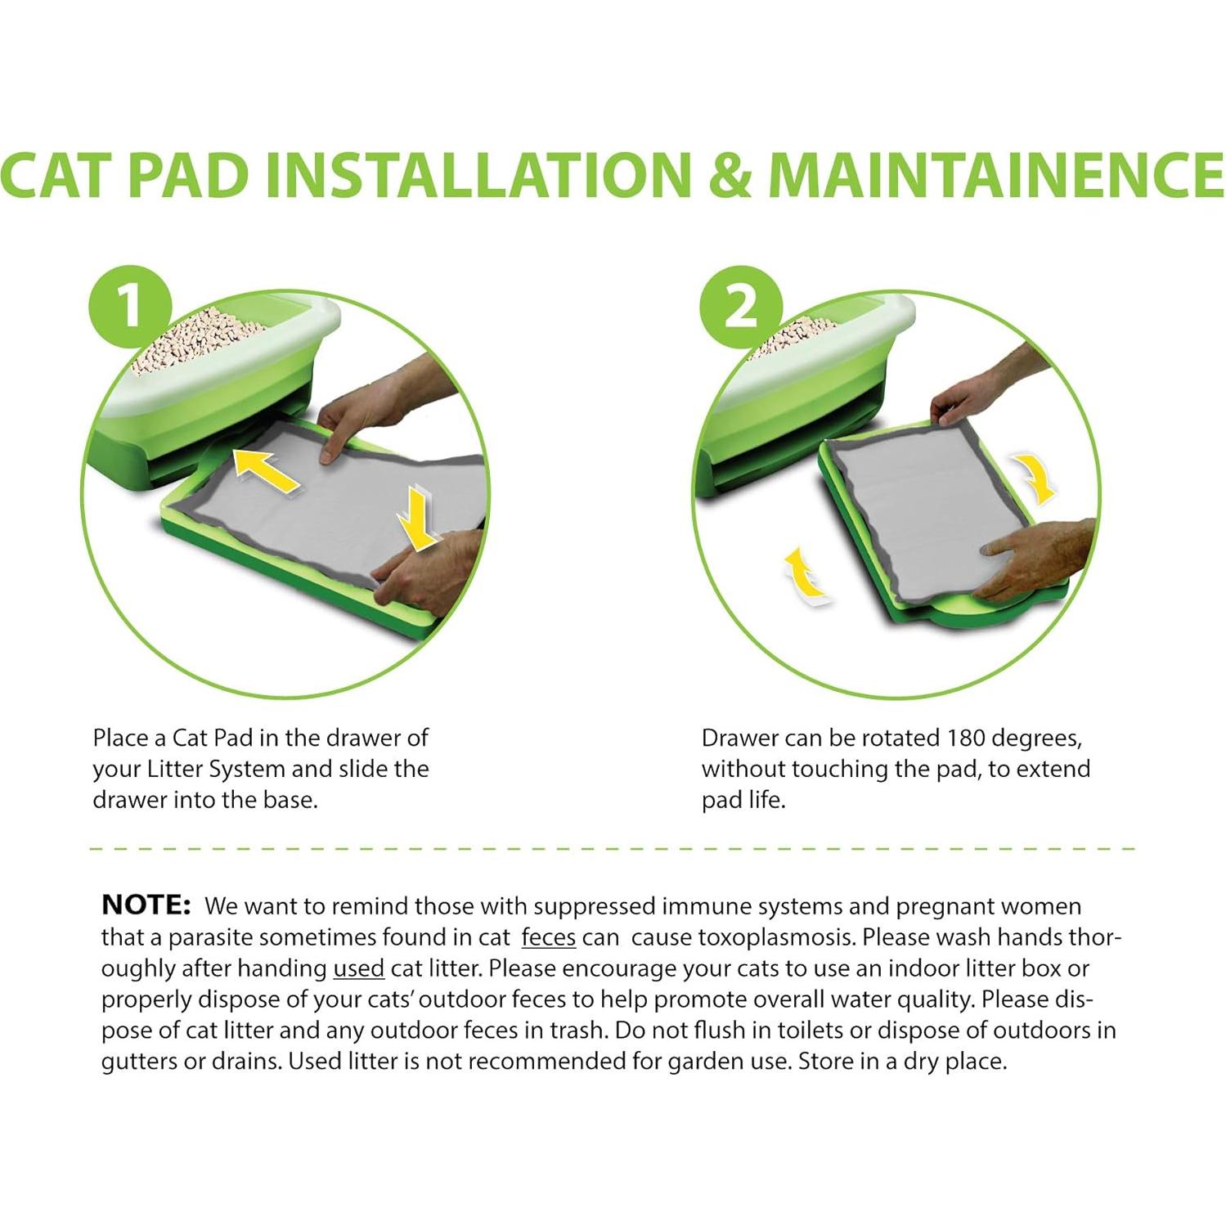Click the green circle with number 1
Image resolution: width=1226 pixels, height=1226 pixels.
pyautogui.click(x=130, y=311)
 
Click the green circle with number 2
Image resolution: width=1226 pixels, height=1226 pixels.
pyautogui.click(x=741, y=311)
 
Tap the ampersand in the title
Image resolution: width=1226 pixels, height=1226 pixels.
pyautogui.click(x=730, y=174)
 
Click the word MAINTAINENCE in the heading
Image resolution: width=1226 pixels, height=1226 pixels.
pyautogui.click(x=996, y=174)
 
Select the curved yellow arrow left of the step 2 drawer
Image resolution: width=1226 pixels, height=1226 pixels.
pyautogui.click(x=805, y=575)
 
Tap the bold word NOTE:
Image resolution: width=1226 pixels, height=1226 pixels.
pyautogui.click(x=146, y=905)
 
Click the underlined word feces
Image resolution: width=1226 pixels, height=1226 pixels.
pyautogui.click(x=549, y=937)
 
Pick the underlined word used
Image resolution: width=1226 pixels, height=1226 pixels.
pyautogui.click(x=358, y=968)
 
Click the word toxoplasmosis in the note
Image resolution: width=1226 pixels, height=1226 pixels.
pyautogui.click(x=771, y=938)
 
